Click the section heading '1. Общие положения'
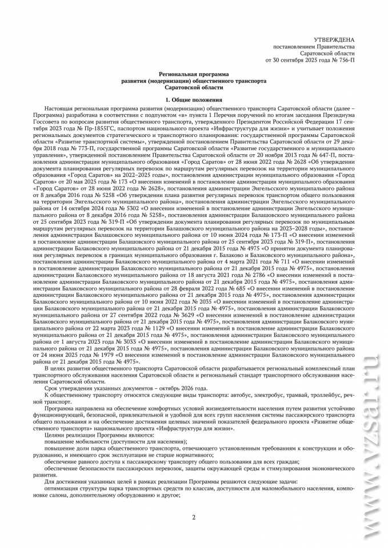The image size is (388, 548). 194,100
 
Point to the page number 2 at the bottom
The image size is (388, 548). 194,517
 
